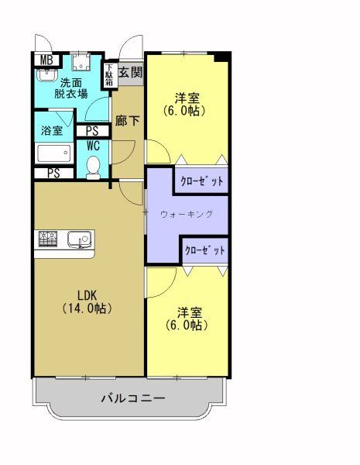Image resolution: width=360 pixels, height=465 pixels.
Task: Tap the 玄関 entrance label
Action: point(131,73)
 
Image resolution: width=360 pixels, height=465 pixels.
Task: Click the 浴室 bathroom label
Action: point(52,129)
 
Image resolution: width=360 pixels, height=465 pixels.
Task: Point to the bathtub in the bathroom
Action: point(54,153)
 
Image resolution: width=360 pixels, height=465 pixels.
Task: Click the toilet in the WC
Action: point(93,165)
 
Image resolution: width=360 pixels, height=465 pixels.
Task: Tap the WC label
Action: point(92,145)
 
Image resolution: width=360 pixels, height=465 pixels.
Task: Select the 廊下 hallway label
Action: point(128,120)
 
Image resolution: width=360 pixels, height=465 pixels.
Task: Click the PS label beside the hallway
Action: point(92,131)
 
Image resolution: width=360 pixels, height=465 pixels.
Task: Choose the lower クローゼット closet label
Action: point(205,250)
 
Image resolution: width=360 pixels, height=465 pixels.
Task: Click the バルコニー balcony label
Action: point(133,399)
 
